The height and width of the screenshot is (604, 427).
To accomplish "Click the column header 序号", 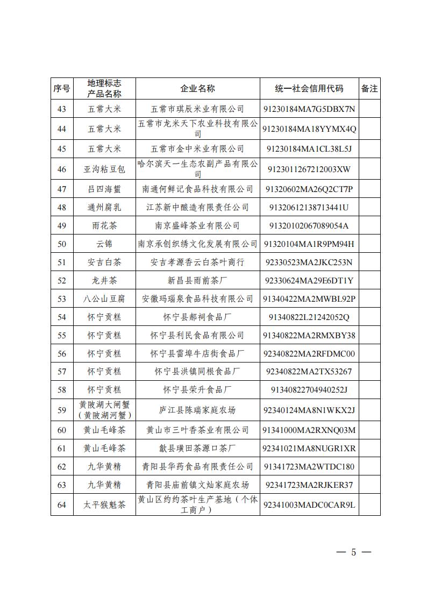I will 61,89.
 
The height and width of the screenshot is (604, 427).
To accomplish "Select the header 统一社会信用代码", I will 309,89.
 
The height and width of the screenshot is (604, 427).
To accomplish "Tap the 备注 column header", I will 369,89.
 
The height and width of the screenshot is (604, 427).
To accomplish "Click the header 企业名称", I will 197,89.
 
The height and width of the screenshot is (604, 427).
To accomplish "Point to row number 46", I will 61,169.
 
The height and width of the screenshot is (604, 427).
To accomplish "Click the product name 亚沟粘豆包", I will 104,169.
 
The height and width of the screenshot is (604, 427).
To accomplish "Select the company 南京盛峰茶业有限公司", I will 197,225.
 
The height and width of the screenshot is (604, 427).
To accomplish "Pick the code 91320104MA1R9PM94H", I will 309,244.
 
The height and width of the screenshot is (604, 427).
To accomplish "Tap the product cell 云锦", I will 104,244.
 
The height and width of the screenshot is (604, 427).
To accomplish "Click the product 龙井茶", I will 104,280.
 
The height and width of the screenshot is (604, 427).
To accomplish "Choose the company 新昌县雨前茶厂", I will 197,280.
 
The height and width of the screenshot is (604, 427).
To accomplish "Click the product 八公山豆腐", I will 104,299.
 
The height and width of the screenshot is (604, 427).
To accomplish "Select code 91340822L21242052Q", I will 309,317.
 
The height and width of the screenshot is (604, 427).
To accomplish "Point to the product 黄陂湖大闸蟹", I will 104,404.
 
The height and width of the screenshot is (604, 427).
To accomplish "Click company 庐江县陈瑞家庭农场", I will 197,410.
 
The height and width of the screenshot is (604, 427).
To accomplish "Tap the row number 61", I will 61,448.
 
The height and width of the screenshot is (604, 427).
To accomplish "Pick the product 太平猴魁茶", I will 104,504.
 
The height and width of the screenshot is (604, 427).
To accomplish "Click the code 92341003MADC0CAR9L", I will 309,504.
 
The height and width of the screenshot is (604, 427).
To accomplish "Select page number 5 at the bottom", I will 353,552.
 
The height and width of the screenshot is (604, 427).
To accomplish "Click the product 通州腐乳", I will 104,207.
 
